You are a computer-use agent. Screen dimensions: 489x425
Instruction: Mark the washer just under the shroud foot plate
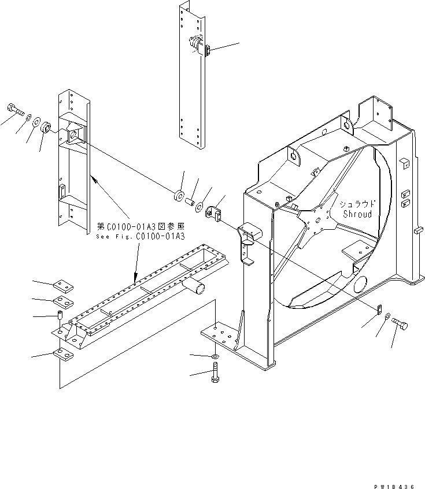click(x=215, y=357)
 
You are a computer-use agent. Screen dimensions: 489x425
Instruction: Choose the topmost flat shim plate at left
click(x=62, y=285)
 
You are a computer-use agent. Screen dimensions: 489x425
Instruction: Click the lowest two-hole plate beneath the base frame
click(x=62, y=354)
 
